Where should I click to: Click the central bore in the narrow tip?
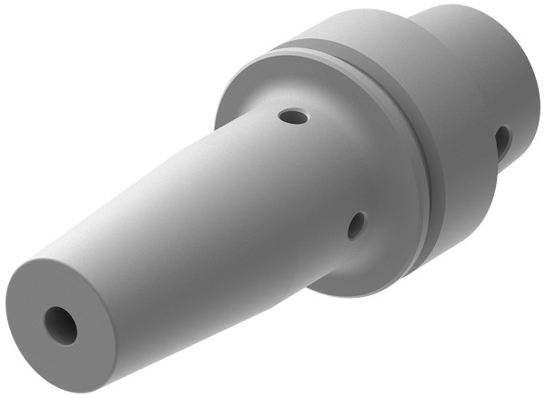point(61,324)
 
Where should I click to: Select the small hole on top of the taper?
point(293,117)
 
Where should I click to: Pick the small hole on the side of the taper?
point(356,225)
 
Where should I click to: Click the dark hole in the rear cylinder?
point(502,141)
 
